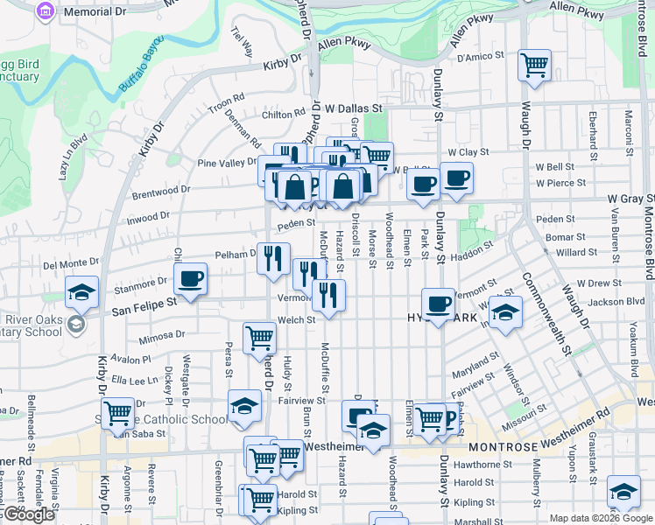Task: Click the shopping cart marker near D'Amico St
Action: click(534, 65)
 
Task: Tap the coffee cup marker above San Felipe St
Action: click(190, 280)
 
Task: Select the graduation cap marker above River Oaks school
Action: click(81, 293)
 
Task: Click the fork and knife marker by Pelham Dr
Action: click(273, 258)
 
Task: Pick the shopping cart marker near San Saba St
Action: click(117, 414)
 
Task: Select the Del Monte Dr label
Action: click(72, 262)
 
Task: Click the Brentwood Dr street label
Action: click(161, 190)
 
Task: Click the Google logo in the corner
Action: click(29, 514)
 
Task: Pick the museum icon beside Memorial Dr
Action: click(44, 12)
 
